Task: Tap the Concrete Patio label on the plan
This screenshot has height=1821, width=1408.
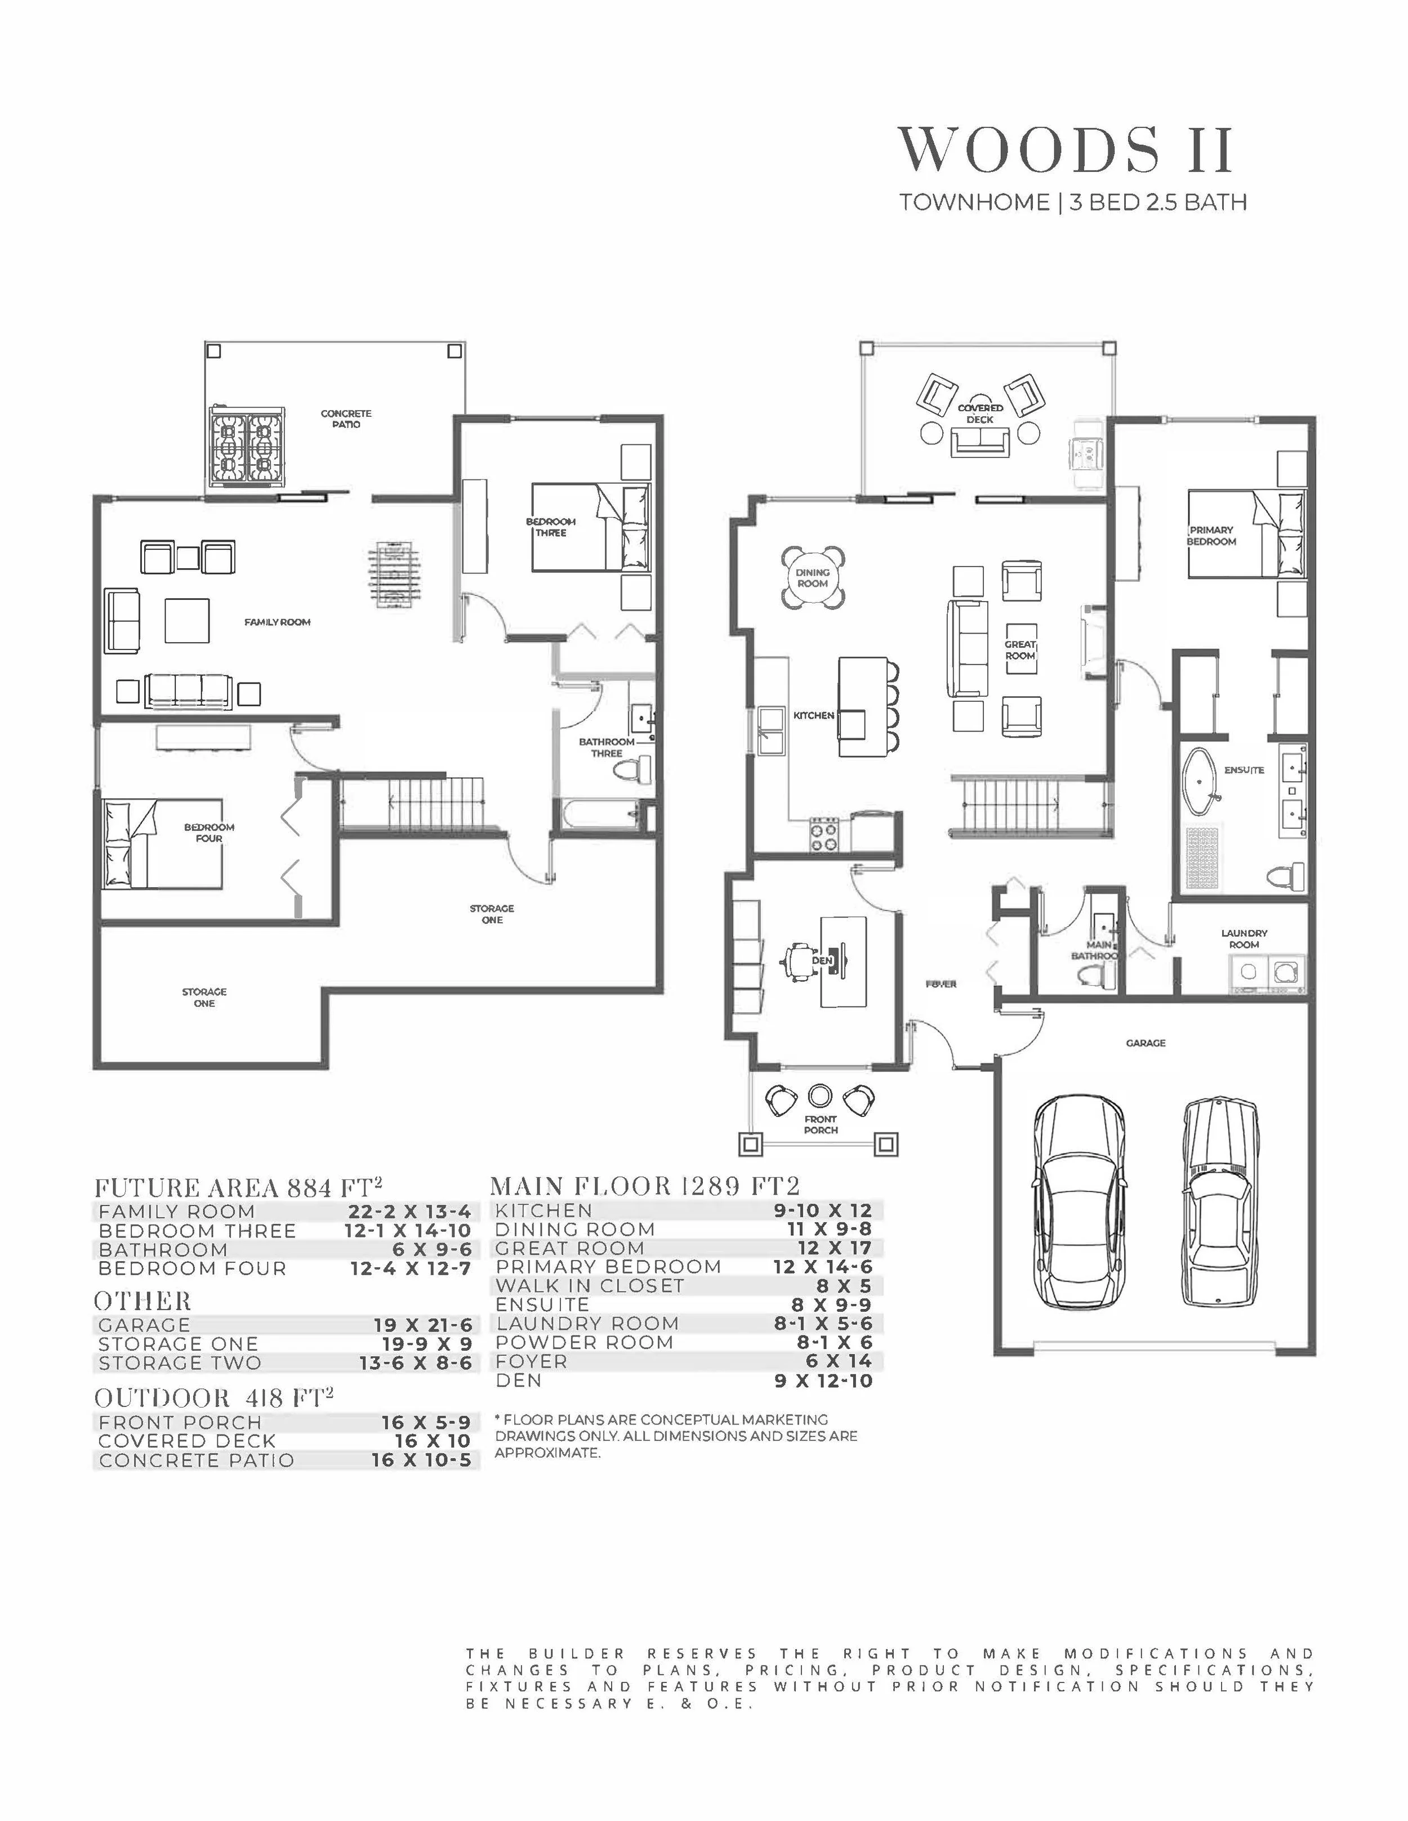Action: pyautogui.click(x=346, y=418)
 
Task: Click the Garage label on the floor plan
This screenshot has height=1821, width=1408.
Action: pyautogui.click(x=1146, y=1043)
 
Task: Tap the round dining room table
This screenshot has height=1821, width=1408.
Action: pyautogui.click(x=813, y=577)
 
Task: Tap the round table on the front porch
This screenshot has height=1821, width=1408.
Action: pyautogui.click(x=820, y=1094)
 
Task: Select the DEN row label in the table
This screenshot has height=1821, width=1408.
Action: pyautogui.click(x=519, y=1380)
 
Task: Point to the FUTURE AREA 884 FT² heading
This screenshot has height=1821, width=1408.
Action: pyautogui.click(x=238, y=1187)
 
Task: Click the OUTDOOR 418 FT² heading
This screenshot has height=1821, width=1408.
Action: pyautogui.click(x=213, y=1398)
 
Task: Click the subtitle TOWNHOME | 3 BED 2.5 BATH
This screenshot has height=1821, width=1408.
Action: pyautogui.click(x=1073, y=203)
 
